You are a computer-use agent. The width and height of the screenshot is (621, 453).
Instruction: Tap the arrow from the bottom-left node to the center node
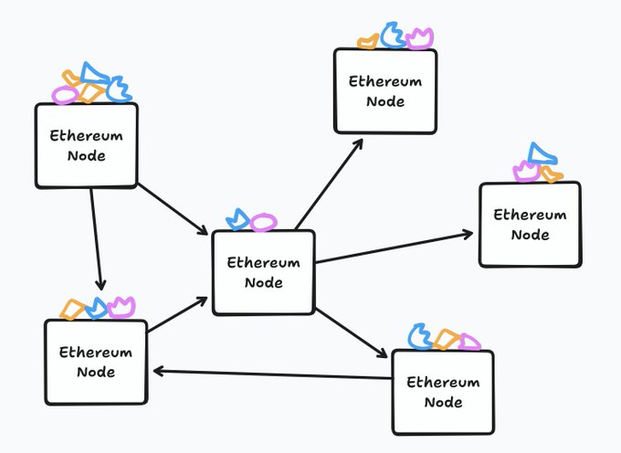point(177,314)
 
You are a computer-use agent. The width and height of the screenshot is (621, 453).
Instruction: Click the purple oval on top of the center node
point(264,222)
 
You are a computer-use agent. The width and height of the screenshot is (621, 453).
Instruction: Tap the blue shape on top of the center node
point(237,220)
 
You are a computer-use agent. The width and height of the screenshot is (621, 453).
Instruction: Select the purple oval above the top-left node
point(64,94)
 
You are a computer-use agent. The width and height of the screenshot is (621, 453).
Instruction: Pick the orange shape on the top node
point(368,41)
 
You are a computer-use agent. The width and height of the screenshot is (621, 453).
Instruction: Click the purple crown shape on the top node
point(419,38)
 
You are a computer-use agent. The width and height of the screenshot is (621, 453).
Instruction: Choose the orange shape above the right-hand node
point(551,174)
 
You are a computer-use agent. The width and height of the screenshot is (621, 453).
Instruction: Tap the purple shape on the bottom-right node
point(468,342)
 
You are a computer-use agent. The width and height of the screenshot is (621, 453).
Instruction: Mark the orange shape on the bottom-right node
point(446,339)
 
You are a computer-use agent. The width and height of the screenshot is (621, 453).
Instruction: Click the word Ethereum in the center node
point(263,263)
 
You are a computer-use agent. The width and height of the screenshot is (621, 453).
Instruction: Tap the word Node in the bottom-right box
point(443,402)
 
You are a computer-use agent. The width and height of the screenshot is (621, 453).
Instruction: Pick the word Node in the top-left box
point(87,155)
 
